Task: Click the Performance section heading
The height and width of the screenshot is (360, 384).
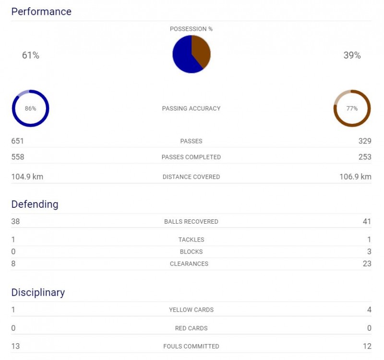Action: [x=41, y=12]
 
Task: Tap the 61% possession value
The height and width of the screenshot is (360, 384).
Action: [x=31, y=56]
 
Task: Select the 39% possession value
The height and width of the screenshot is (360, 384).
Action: [x=352, y=56]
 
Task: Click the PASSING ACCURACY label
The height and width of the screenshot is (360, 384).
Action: [x=191, y=108]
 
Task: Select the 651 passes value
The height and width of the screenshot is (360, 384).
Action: [x=17, y=141]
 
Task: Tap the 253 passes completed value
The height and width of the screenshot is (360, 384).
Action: [x=365, y=157]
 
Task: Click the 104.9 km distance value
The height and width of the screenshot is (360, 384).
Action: [x=27, y=177]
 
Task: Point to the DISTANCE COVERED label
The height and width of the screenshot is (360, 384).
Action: [x=191, y=177]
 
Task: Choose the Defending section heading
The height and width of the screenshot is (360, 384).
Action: [x=35, y=204]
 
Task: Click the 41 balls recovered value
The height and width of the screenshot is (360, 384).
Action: [x=367, y=222]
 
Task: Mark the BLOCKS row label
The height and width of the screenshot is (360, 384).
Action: [x=191, y=252]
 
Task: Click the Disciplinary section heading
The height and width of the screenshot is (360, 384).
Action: [x=38, y=292]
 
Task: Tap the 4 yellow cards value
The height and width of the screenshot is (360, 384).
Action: [x=369, y=310]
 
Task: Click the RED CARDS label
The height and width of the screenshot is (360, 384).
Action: [x=191, y=328]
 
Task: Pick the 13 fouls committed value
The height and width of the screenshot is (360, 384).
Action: [x=15, y=346]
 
